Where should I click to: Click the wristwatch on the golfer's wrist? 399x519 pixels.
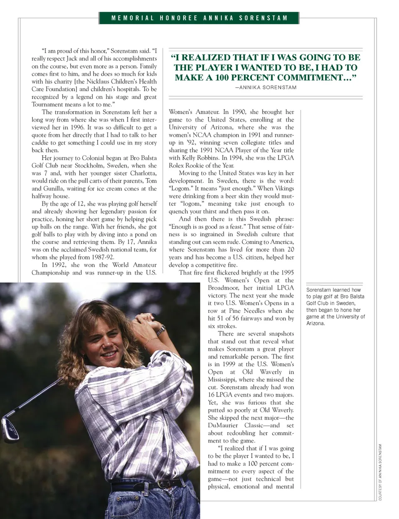[x=160, y=330]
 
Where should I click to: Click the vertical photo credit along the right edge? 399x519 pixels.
[x=380, y=473]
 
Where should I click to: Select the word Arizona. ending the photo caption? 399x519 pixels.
[x=315, y=323]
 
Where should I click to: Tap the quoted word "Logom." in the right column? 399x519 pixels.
[x=180, y=188]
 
